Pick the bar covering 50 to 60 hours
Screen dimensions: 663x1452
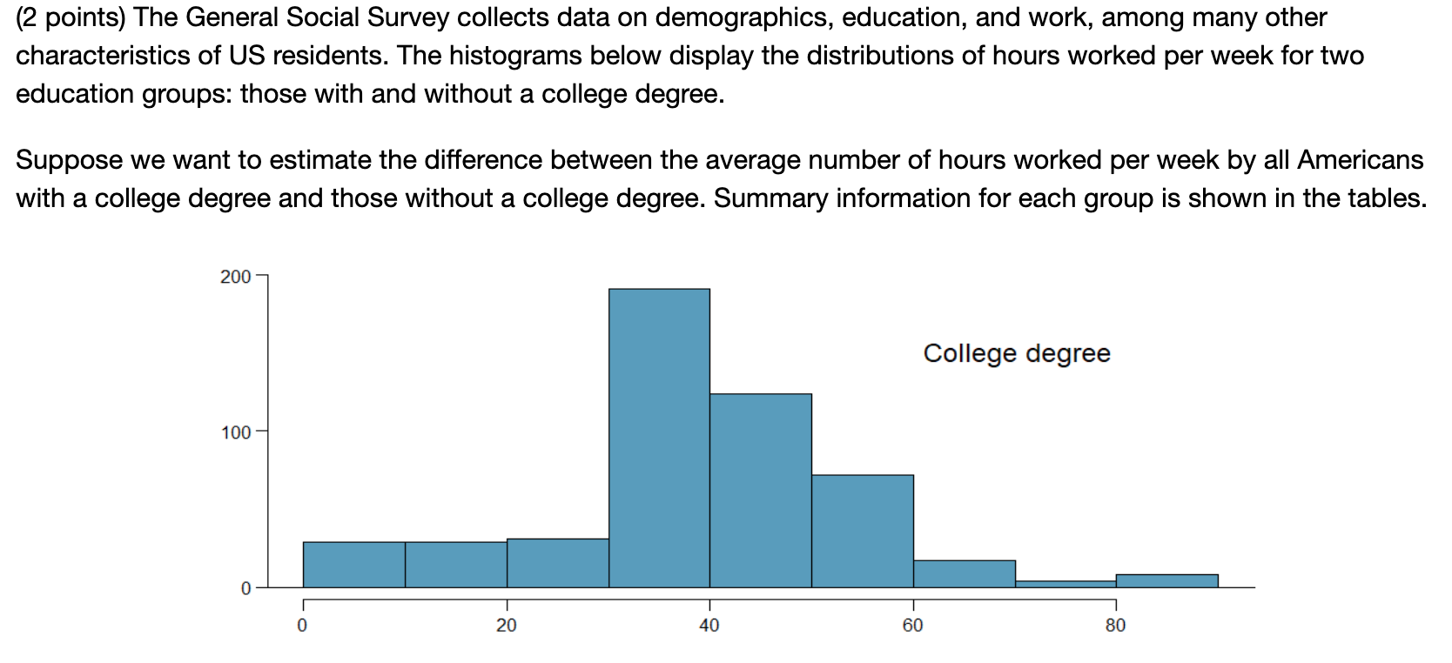pyautogui.click(x=863, y=531)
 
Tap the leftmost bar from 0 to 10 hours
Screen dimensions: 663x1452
pyautogui.click(x=353, y=565)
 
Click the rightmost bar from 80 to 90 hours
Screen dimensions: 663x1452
pyautogui.click(x=1166, y=581)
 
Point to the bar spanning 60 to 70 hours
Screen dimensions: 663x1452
pyautogui.click(x=965, y=574)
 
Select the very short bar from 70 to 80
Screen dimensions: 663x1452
pyautogui.click(x=1065, y=584)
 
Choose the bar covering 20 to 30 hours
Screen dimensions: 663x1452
pyautogui.click(x=558, y=563)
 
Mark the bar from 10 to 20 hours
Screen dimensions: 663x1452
pyautogui.click(x=456, y=565)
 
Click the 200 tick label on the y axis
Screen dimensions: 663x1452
pyautogui.click(x=235, y=277)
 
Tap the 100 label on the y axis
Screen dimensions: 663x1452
pyautogui.click(x=235, y=432)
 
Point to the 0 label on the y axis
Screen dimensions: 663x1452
pyautogui.click(x=245, y=589)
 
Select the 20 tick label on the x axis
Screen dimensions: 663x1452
pyautogui.click(x=507, y=626)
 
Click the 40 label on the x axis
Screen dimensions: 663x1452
pyautogui.click(x=709, y=626)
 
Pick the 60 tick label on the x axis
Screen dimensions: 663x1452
pyautogui.click(x=912, y=626)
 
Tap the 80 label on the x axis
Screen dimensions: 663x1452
pyautogui.click(x=1115, y=626)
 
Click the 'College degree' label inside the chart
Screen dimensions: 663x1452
pyautogui.click(x=1017, y=353)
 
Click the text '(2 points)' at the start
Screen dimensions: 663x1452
pyautogui.click(x=71, y=17)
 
